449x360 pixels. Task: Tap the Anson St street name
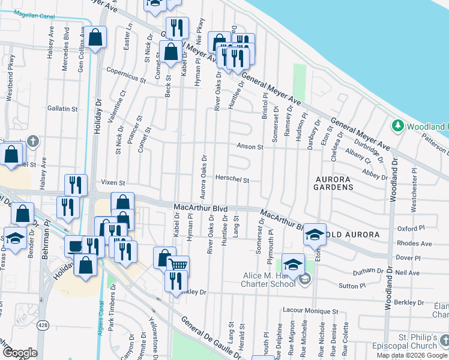point(250,146)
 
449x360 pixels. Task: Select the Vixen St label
point(113,182)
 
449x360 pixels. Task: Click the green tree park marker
point(397,126)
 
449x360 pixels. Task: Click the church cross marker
point(32,142)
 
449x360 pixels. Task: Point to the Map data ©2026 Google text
point(411,355)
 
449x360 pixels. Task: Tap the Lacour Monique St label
point(310,311)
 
